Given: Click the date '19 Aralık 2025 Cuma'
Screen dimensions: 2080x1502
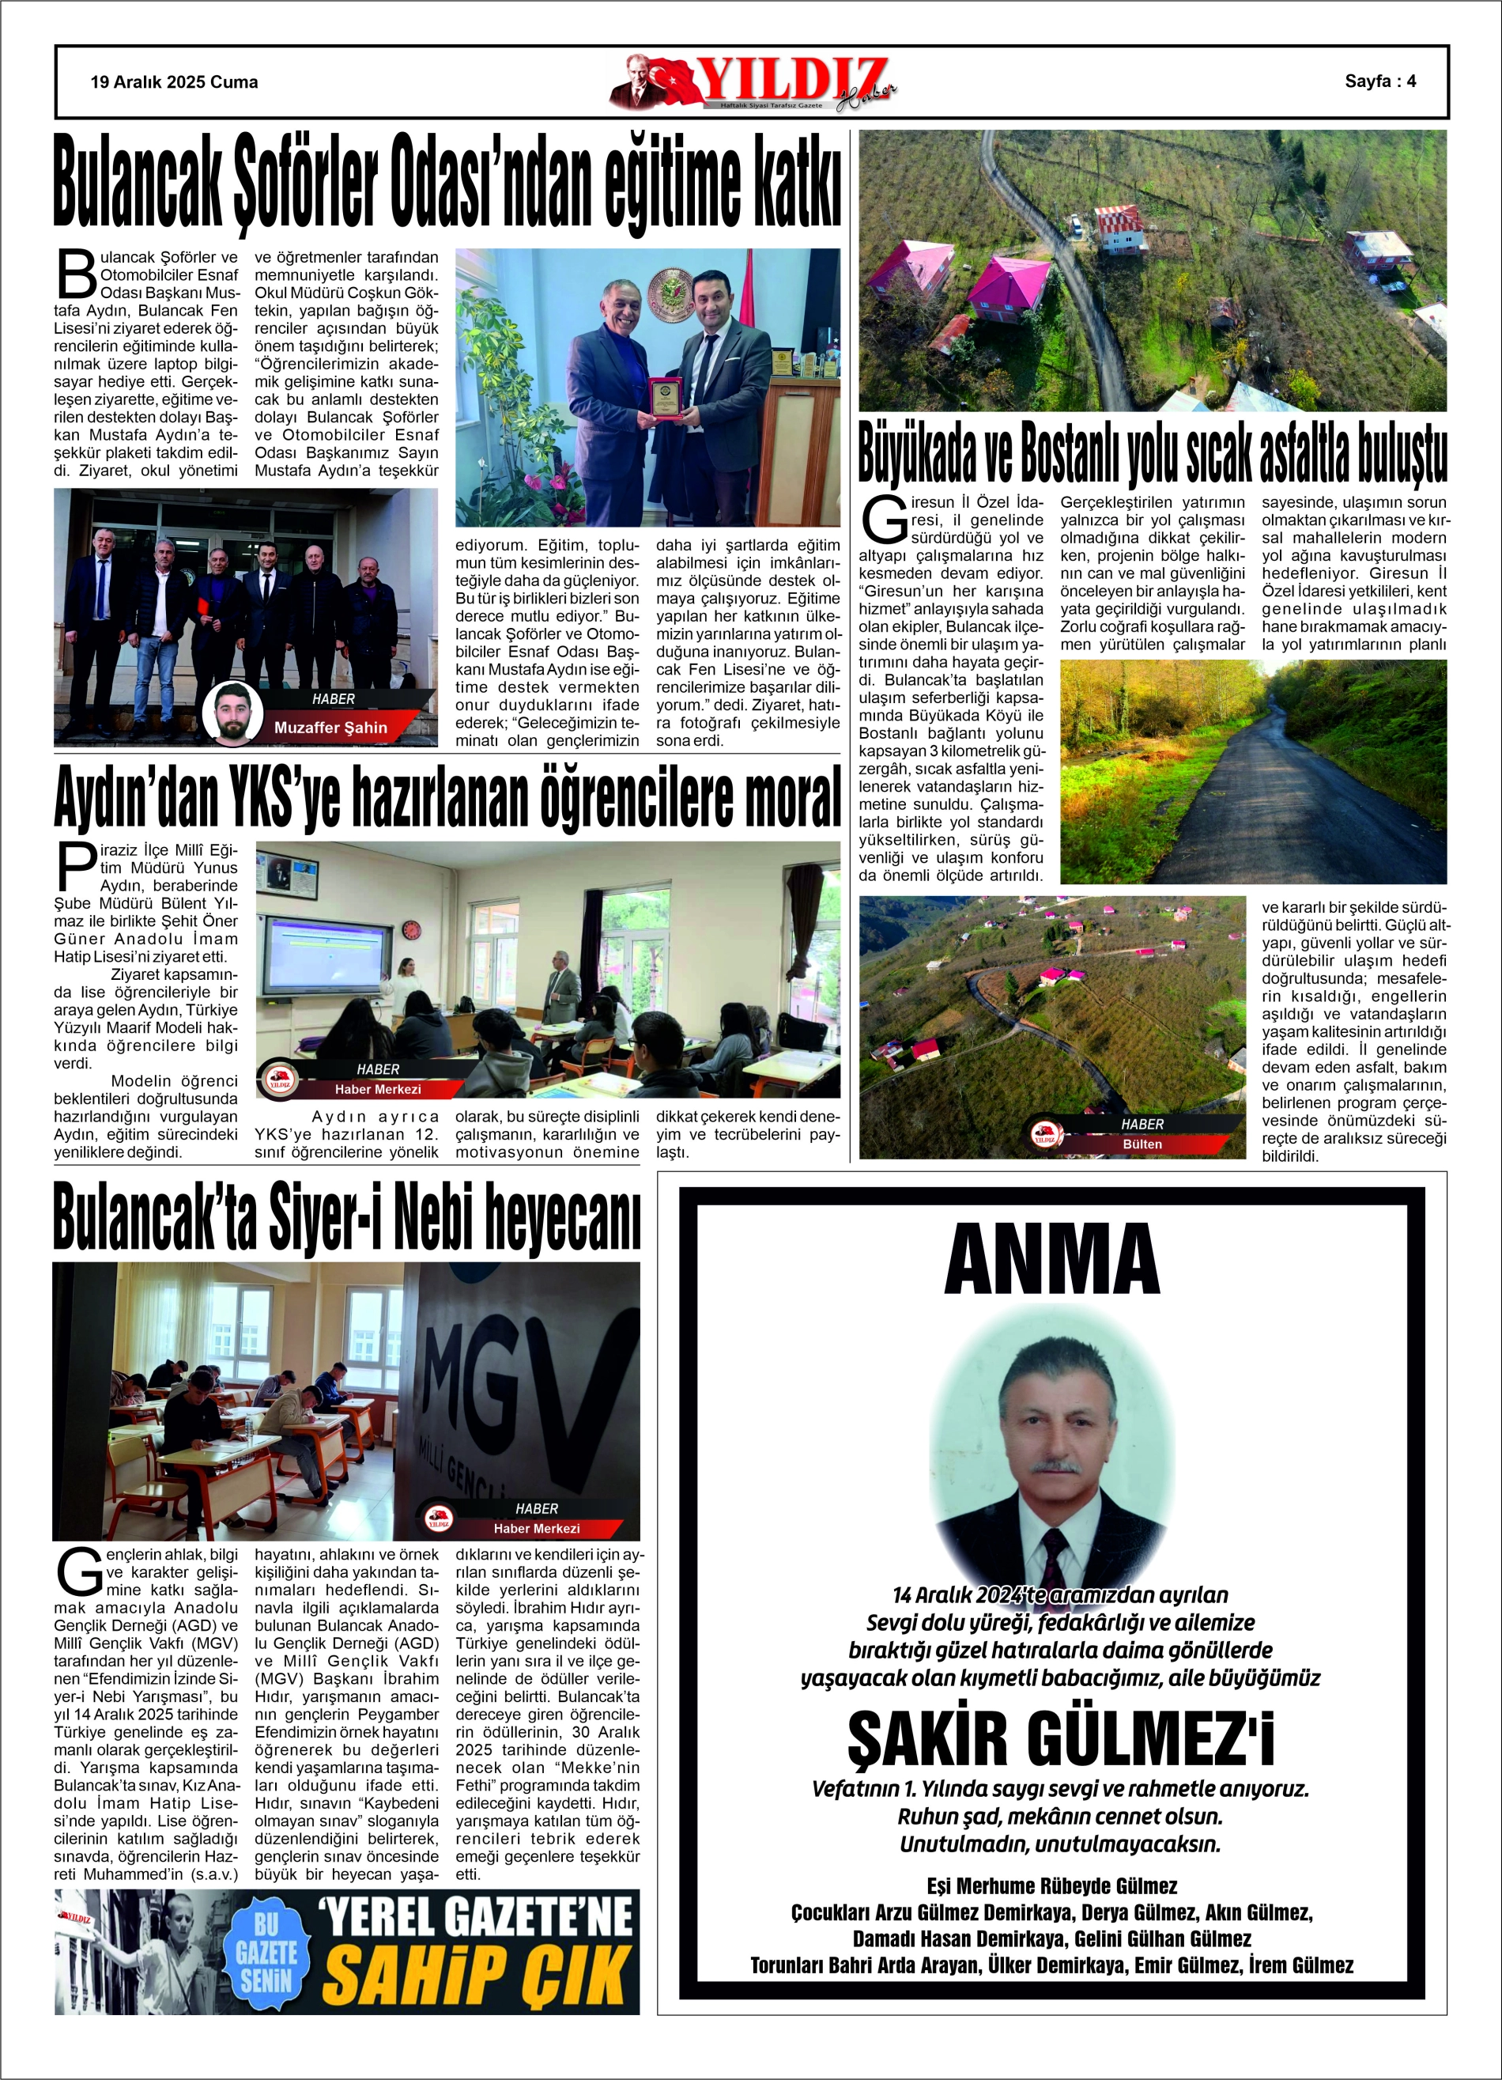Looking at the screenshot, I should coord(174,82).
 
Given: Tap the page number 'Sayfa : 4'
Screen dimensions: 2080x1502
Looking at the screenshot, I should coord(1380,81).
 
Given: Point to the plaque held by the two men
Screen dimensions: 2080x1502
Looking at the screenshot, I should coord(666,398).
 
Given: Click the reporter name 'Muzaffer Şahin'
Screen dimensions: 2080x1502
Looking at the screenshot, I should coord(330,728).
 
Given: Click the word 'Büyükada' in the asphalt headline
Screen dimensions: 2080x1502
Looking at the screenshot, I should coord(916,453).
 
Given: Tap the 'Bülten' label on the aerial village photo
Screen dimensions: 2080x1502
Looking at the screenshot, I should coord(1142,1144).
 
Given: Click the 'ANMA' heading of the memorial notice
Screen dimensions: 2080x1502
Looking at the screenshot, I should coord(1051,1260).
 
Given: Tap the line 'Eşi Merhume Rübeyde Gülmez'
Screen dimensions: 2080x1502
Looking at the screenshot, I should coord(1051,1886).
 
